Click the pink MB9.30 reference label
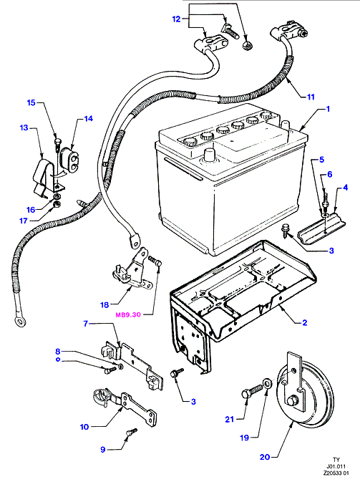pyautogui.click(x=128, y=314)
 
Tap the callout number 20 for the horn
pyautogui.click(x=265, y=457)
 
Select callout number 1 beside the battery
pyautogui.click(x=328, y=109)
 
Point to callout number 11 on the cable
pyautogui.click(x=311, y=97)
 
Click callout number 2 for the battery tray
pyautogui.click(x=304, y=322)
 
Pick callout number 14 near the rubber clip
pyautogui.click(x=89, y=119)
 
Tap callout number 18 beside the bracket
pyautogui.click(x=104, y=304)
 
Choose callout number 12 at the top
pyautogui.click(x=176, y=19)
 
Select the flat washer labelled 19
pyautogui.click(x=267, y=384)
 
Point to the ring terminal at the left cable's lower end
pyautogui.click(x=19, y=322)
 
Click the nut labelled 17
pyautogui.click(x=57, y=203)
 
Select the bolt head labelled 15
pyautogui.click(x=58, y=141)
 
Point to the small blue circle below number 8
pyautogui.click(x=58, y=360)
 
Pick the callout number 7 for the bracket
pyautogui.click(x=86, y=324)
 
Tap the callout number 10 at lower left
pyautogui.click(x=84, y=427)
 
